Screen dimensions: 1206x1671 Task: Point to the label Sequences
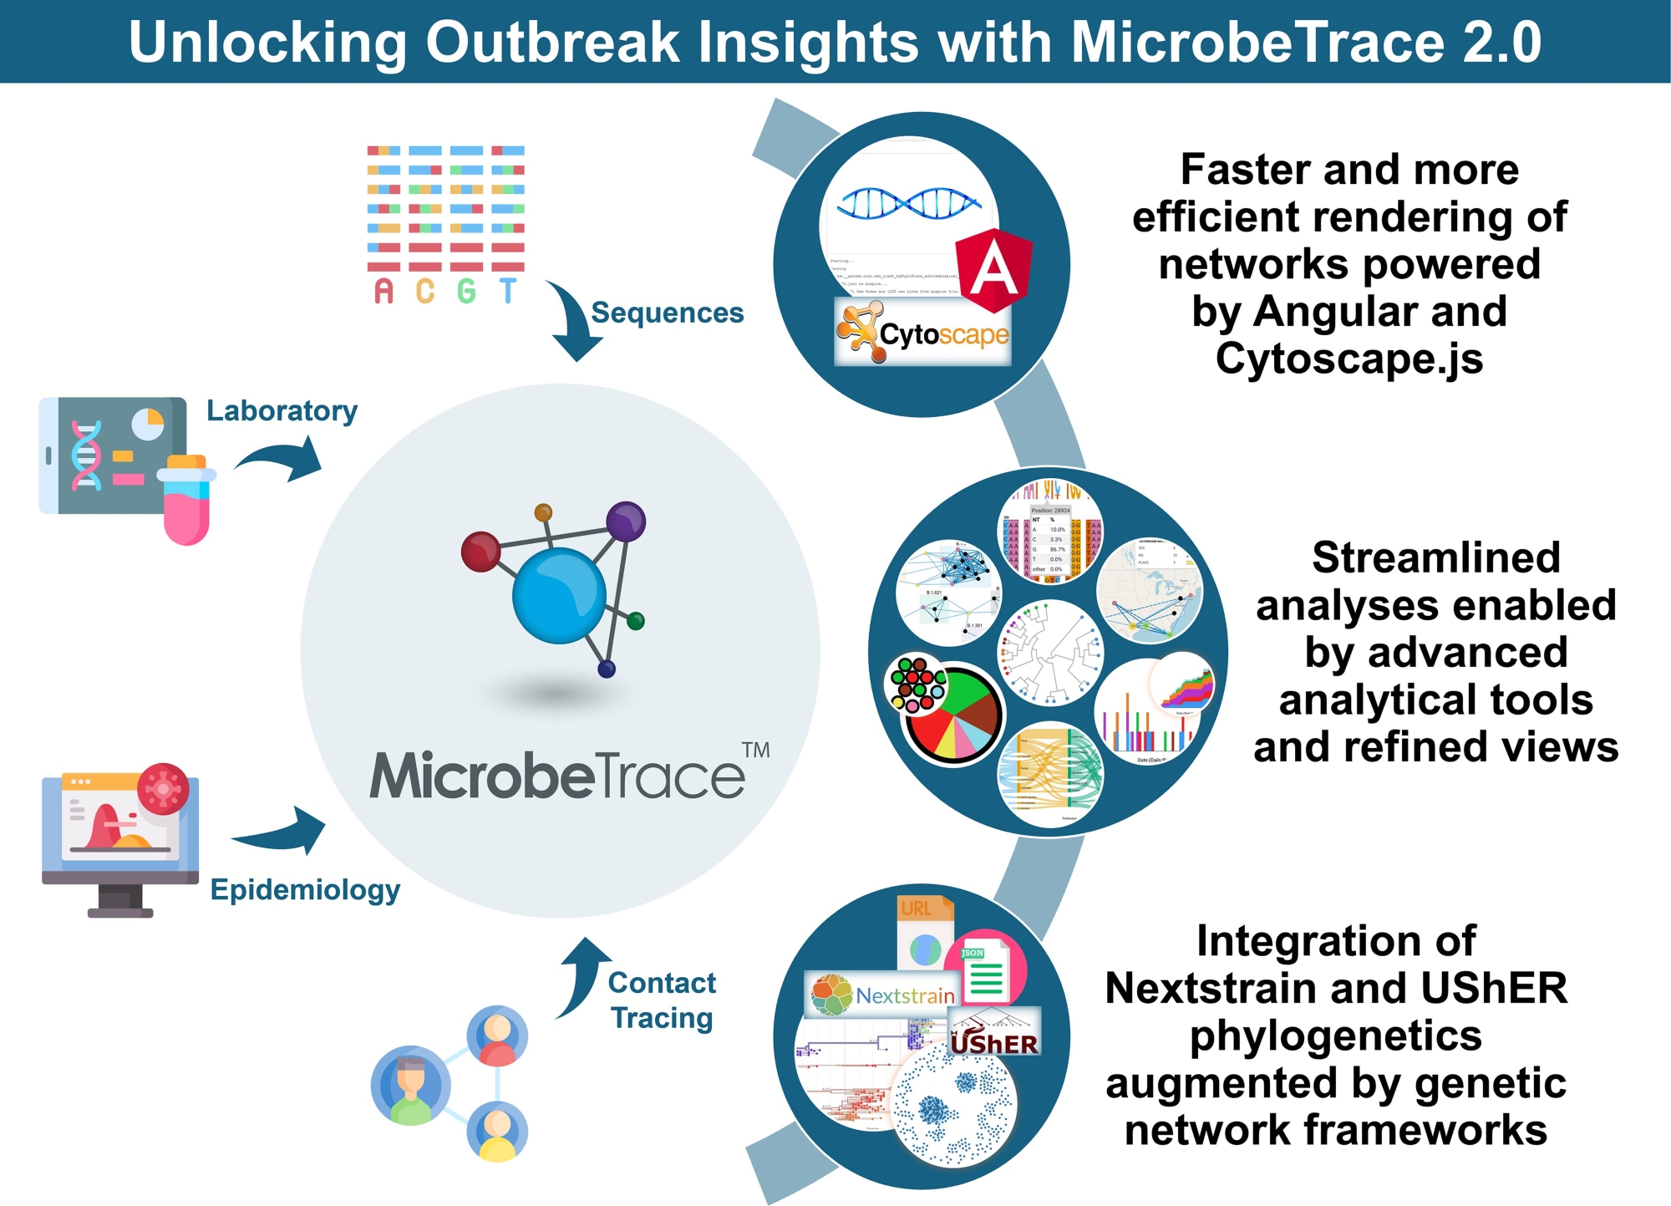coord(667,313)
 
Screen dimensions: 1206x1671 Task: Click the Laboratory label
coord(282,410)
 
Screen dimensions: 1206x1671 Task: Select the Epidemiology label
coord(305,889)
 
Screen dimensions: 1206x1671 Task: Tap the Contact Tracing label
coord(662,1000)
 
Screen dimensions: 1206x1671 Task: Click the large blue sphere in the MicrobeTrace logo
coord(558,595)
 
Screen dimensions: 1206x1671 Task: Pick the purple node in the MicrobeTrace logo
coord(625,522)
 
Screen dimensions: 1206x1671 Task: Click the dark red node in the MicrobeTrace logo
coord(480,552)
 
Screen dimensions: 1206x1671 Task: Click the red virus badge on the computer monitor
coord(163,788)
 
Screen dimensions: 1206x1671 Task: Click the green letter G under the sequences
coord(466,291)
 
